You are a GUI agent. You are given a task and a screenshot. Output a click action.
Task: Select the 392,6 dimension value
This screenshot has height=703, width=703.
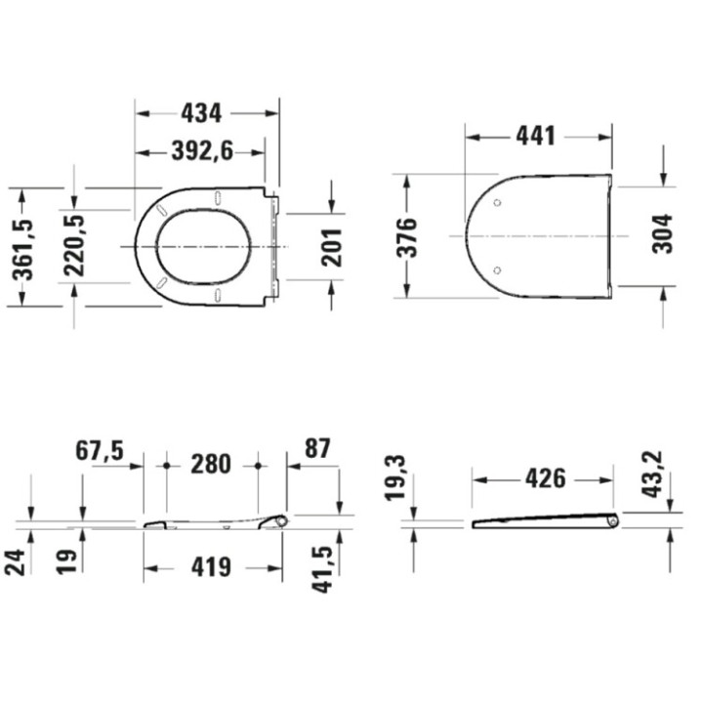(199, 151)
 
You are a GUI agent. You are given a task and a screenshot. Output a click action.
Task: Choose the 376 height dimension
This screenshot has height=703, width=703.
(407, 237)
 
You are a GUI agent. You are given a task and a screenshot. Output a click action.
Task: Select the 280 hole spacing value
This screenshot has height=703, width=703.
(211, 465)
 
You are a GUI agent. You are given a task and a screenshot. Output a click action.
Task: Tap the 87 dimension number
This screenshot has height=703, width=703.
(317, 449)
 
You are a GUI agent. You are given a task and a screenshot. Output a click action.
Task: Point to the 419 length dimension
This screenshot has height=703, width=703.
(211, 565)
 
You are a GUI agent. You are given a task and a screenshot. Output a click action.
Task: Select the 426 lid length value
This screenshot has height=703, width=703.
(545, 478)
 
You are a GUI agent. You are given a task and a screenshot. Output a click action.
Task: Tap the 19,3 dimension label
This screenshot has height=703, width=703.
(395, 477)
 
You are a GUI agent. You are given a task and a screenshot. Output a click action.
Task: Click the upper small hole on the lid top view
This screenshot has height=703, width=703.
(498, 204)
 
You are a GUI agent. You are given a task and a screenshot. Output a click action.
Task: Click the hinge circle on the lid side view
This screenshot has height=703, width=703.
(611, 522)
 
